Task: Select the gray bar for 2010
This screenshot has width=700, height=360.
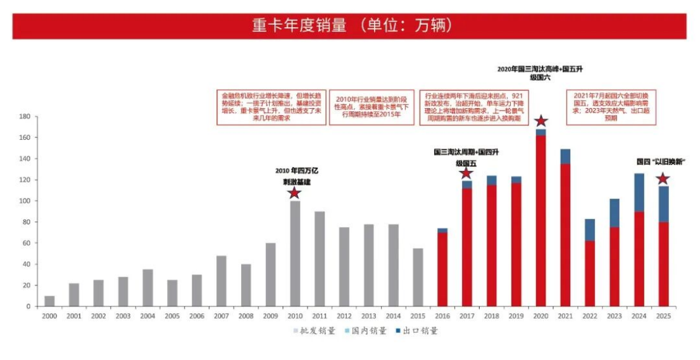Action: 295,253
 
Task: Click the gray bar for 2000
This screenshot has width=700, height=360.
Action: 49,301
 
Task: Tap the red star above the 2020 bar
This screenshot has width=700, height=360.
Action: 541,121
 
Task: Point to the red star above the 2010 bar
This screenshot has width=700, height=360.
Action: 294,193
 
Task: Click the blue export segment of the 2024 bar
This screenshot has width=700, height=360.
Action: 639,192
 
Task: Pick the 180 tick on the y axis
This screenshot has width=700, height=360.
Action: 25,116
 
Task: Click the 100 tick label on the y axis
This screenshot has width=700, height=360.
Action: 25,201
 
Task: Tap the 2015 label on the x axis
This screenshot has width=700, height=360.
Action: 418,314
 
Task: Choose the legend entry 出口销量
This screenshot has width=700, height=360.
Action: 416,330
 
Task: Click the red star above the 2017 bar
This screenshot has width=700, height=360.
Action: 466,173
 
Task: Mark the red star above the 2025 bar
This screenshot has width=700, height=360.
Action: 663,178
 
